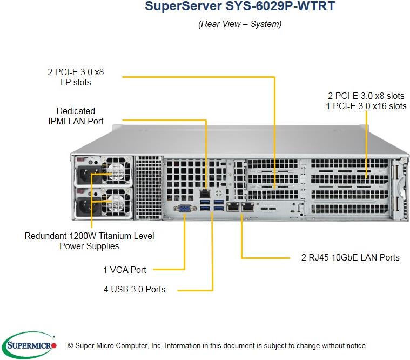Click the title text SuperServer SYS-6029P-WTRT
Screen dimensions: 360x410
click(x=240, y=8)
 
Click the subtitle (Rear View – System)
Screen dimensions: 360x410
click(x=240, y=24)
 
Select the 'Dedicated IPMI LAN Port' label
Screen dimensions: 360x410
click(x=76, y=116)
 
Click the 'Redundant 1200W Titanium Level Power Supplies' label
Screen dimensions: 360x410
click(x=89, y=241)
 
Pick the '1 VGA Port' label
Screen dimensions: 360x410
click(x=124, y=269)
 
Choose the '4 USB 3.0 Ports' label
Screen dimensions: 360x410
click(x=134, y=289)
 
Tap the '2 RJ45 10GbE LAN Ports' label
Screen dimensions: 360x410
click(x=350, y=257)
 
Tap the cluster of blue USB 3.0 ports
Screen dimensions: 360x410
click(x=212, y=206)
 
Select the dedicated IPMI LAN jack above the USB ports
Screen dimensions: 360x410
click(x=205, y=193)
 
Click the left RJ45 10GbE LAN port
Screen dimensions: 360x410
click(x=233, y=206)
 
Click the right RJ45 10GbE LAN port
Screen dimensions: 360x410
click(x=248, y=206)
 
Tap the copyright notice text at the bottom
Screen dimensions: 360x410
click(x=217, y=345)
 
